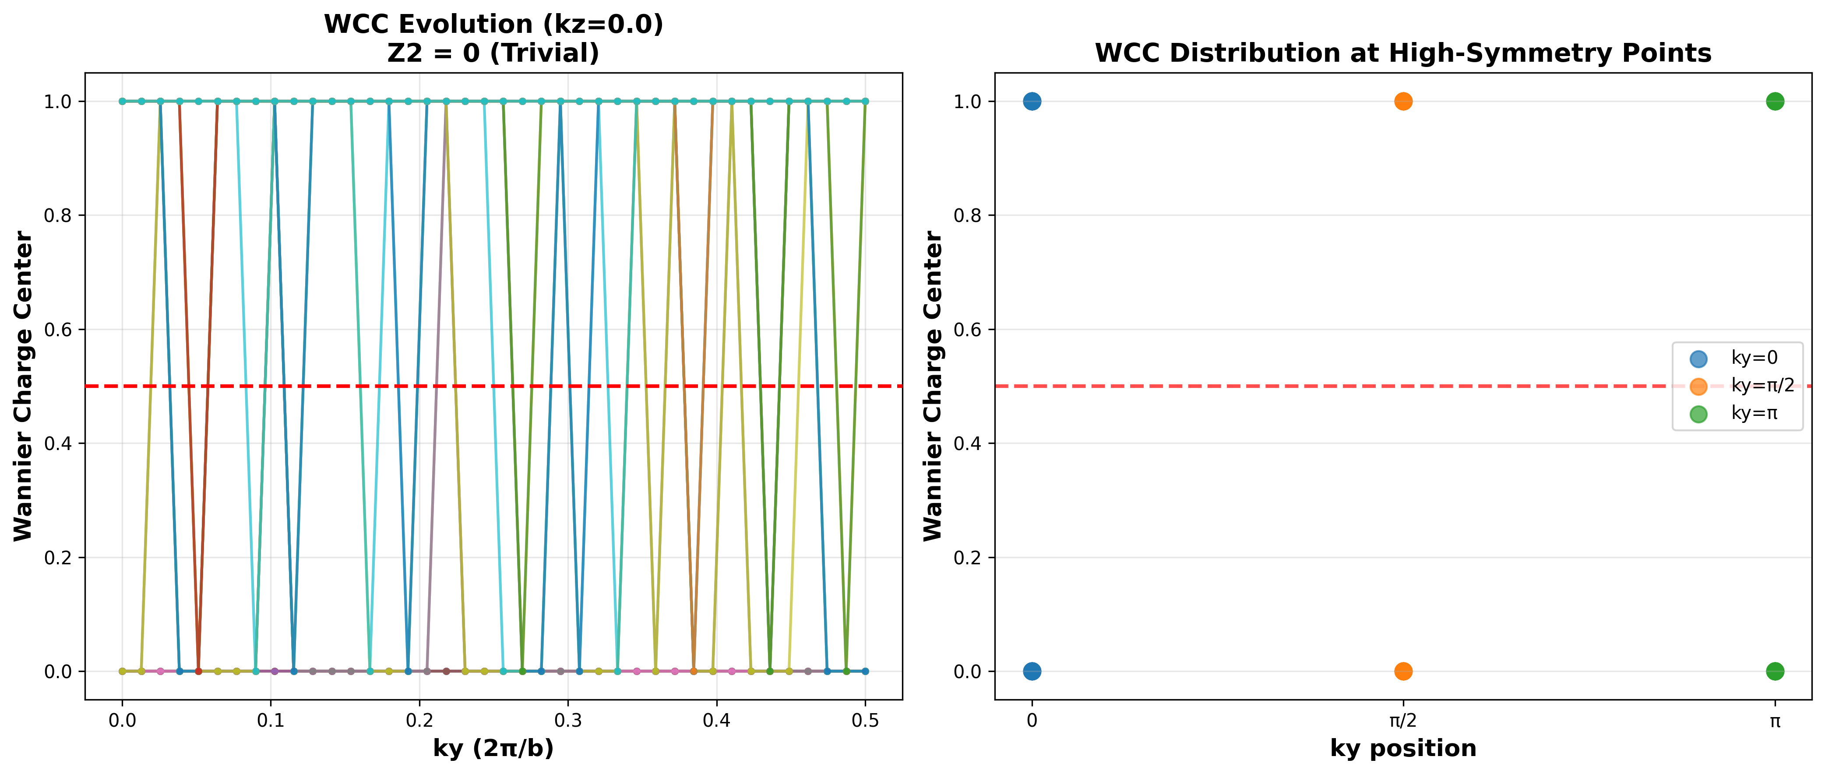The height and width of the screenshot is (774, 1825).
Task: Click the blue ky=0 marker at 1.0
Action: (x=1032, y=101)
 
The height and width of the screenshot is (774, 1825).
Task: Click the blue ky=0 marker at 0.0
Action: (x=1032, y=671)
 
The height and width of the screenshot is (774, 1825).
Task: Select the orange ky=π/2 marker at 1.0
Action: (x=1403, y=101)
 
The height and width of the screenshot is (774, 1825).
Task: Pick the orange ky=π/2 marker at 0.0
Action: (x=1403, y=671)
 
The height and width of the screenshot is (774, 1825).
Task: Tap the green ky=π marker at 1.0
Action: (x=1775, y=101)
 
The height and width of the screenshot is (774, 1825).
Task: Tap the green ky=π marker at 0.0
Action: (x=1775, y=671)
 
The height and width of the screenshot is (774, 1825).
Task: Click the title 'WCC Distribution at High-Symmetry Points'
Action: (x=1403, y=53)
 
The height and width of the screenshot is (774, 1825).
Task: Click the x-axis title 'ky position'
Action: (x=1403, y=749)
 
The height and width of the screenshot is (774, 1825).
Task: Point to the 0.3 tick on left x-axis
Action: (x=568, y=721)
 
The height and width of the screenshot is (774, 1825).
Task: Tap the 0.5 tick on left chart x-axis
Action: (x=865, y=721)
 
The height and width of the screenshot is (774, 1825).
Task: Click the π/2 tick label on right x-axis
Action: (x=1403, y=721)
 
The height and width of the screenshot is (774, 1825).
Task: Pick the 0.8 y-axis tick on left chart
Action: (x=58, y=215)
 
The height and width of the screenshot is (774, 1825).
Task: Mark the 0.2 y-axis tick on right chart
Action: (x=968, y=557)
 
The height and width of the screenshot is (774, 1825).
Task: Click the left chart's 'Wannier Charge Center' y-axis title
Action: (x=23, y=386)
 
